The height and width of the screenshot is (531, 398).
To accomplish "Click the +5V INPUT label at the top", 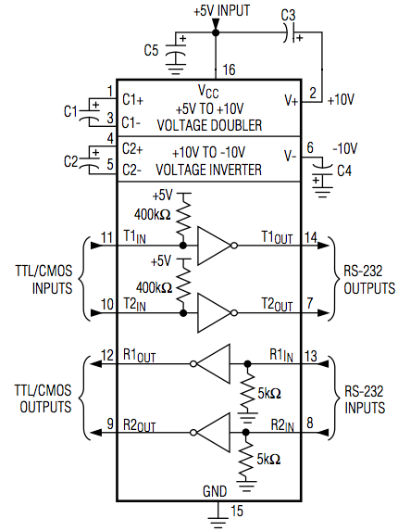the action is point(221,10).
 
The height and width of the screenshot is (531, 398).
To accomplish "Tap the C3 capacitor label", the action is point(288,15).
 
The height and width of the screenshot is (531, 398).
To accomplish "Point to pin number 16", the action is point(229,70).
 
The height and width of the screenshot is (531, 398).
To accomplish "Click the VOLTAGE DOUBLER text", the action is point(209,125).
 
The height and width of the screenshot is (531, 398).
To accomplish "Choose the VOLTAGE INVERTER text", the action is point(208,170).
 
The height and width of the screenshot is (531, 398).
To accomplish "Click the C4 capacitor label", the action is point(344,171).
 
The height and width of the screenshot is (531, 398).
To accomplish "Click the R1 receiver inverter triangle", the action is point(210,364).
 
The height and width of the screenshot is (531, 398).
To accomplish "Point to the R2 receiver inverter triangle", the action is point(210,433).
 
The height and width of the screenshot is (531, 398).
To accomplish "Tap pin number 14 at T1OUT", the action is point(310,236).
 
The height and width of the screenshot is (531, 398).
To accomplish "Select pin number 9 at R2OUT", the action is point(110,424).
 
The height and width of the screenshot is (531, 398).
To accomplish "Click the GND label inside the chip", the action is point(215,491).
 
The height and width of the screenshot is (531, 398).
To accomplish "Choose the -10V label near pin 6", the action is point(345,148).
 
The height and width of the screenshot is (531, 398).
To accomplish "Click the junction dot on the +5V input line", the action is point(215,32).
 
